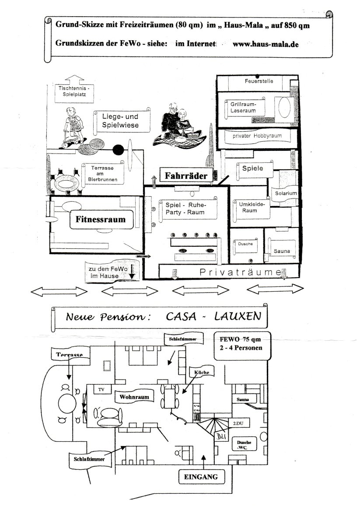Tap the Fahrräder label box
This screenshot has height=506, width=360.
pos(188,176)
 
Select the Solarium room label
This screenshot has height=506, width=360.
pos(286,193)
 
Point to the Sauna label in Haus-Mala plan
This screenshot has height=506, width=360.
pos(282,251)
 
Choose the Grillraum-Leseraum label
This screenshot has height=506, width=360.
pos(243,108)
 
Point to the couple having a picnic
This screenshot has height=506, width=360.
pos(178,125)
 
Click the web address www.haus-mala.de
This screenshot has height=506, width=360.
pos(266,44)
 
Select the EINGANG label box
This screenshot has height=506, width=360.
pos(201,477)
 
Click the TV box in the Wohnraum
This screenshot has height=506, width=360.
pos(101,390)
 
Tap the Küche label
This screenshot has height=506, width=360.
pos(202,372)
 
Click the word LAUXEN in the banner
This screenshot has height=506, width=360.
pos(239,316)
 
